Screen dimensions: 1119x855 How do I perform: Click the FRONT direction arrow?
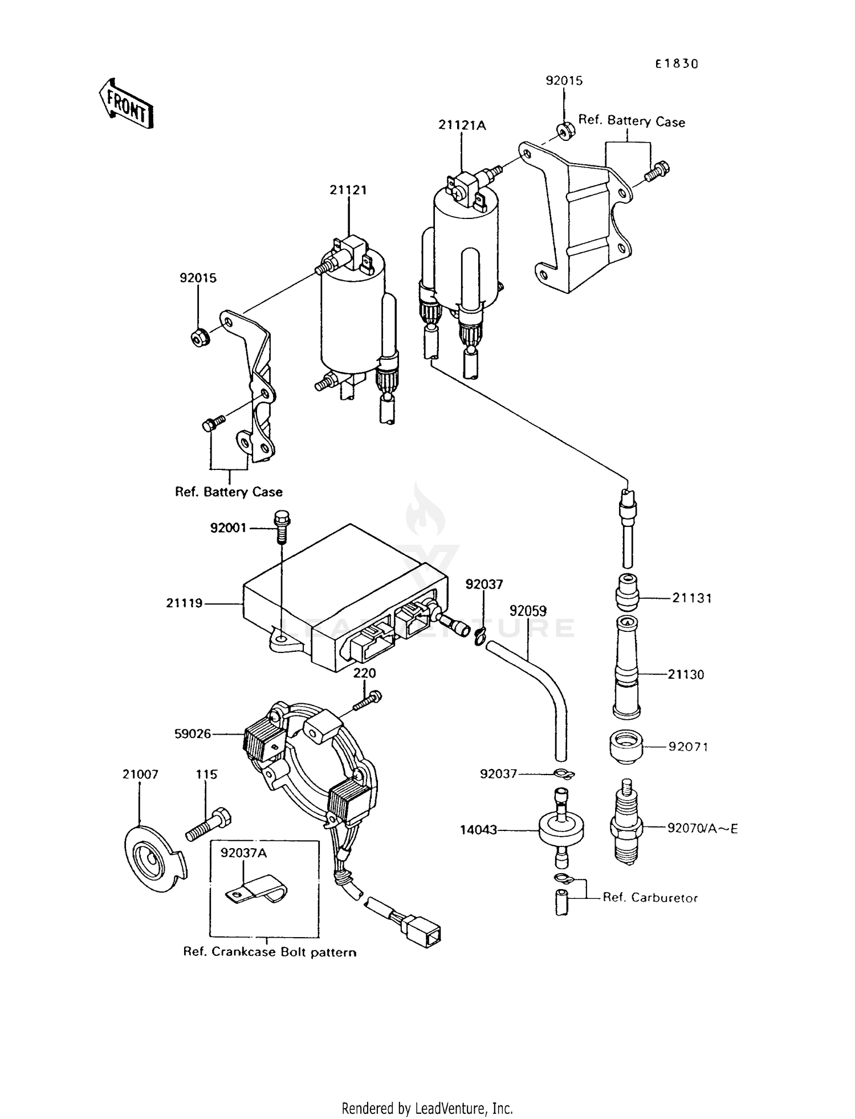[125, 104]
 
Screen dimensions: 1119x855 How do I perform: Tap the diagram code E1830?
[676, 64]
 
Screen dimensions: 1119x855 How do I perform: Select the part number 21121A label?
[462, 125]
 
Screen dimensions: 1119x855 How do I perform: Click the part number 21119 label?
[184, 603]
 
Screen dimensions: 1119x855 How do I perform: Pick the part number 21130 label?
[686, 675]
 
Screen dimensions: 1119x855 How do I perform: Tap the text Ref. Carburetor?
[650, 898]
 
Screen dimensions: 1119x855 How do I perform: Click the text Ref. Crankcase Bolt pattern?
[269, 952]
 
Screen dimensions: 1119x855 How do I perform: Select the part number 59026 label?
[192, 734]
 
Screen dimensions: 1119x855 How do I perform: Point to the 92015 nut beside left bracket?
[200, 338]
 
